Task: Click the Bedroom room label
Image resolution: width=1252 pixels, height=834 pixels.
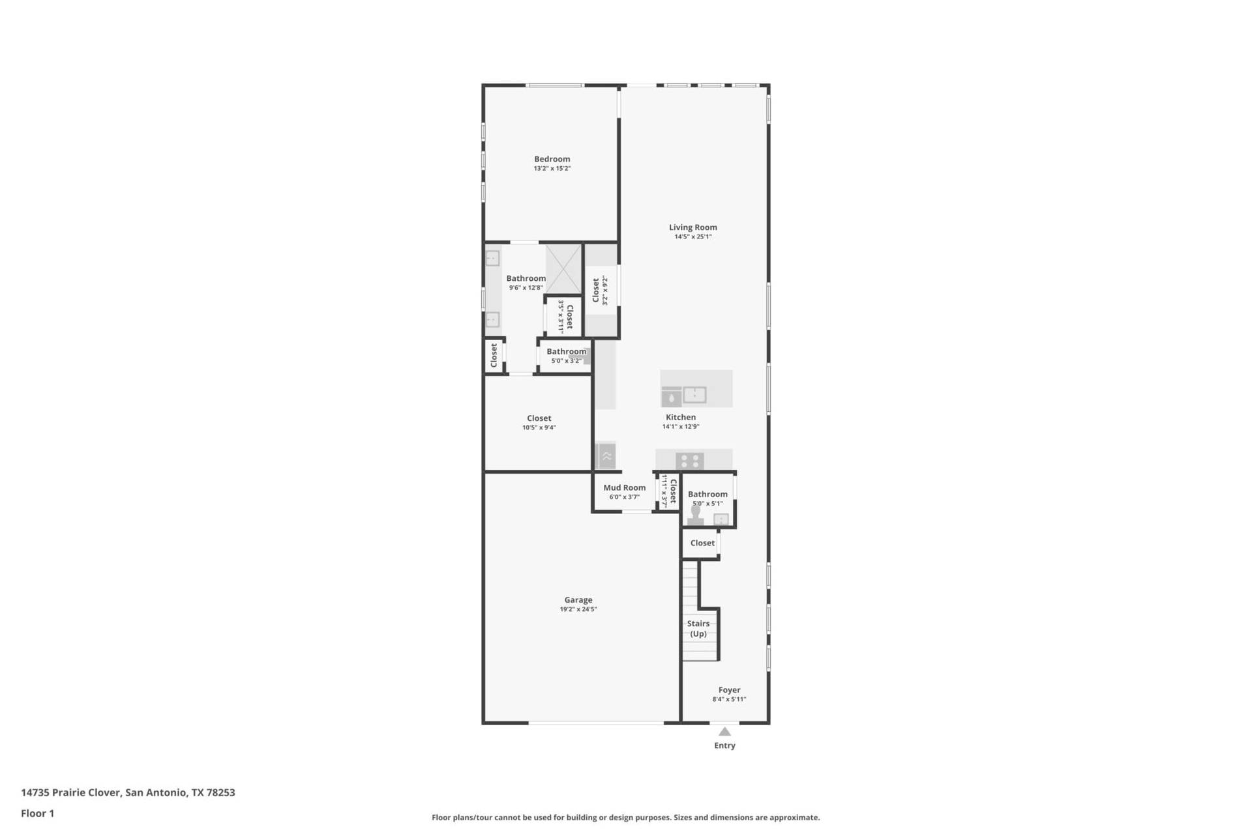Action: coord(552,159)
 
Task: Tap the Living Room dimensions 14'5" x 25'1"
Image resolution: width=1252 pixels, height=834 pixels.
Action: coord(693,237)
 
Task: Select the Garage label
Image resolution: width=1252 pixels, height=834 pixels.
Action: coord(578,600)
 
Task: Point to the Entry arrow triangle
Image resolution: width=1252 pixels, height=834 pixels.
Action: coord(724,732)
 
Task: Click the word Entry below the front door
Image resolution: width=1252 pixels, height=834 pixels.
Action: coord(724,745)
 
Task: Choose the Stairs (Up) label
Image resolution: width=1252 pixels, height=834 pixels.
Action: coord(698,629)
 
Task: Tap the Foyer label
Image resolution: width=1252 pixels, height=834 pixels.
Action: coord(729,690)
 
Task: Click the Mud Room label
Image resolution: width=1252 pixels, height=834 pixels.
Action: coord(624,487)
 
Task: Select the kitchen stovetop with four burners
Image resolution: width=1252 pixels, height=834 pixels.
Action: coord(689,461)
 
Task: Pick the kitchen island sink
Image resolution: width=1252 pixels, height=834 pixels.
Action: coord(695,394)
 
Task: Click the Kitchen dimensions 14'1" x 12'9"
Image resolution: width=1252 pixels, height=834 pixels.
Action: coord(681,427)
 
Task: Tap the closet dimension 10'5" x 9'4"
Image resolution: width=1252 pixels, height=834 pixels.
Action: coord(539,428)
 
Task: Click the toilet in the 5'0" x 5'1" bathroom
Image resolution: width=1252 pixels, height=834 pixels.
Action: coord(696,515)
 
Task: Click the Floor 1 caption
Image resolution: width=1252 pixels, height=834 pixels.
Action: coord(37,813)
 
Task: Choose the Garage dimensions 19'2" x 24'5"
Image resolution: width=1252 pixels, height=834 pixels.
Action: coord(578,610)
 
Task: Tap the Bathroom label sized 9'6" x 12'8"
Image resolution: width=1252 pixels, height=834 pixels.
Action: coord(526,278)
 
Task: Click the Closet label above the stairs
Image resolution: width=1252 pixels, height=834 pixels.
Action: coord(702,543)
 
